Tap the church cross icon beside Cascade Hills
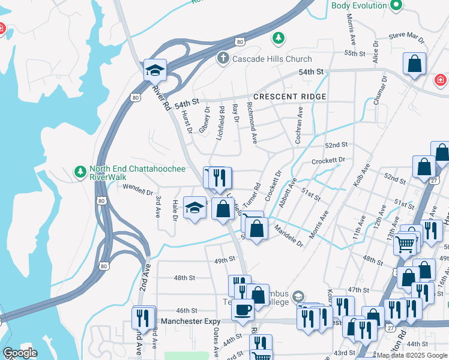coord(223,59)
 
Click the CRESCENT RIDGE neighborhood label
coord(290,97)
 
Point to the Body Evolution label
coord(359,5)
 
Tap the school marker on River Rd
coord(155,70)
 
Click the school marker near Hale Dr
coord(194,208)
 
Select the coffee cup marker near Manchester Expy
coord(243,310)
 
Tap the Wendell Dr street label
coord(137,190)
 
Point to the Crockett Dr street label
coord(329,160)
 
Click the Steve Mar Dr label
coord(406,38)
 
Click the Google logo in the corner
coord(20,353)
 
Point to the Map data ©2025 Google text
coord(412,355)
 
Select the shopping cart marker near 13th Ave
coord(405,244)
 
